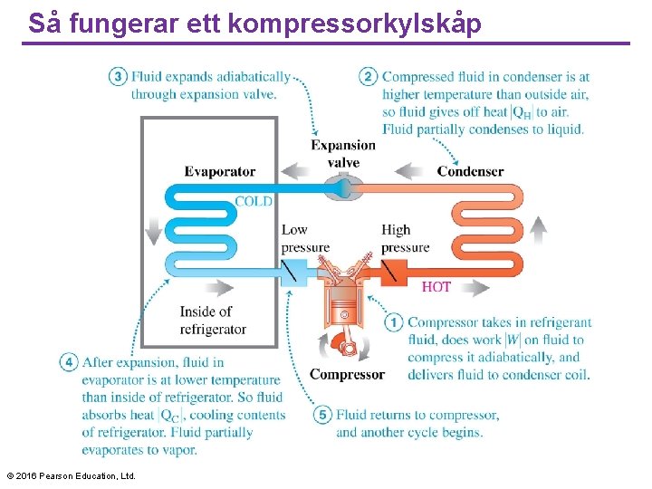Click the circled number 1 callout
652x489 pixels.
[394, 322]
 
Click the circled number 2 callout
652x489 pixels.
[369, 77]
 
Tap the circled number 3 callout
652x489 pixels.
[118, 77]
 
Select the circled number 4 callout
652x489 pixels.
[69, 362]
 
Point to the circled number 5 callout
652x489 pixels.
[323, 415]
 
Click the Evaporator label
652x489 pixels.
[220, 171]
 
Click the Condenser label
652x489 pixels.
[470, 171]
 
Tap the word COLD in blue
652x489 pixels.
[254, 201]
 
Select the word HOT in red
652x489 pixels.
[436, 287]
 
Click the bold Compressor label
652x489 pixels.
[347, 374]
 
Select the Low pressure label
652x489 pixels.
[305, 238]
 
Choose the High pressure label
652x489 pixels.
[404, 238]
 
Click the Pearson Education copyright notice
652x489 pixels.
[71, 475]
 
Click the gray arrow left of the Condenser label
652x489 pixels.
[410, 170]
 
